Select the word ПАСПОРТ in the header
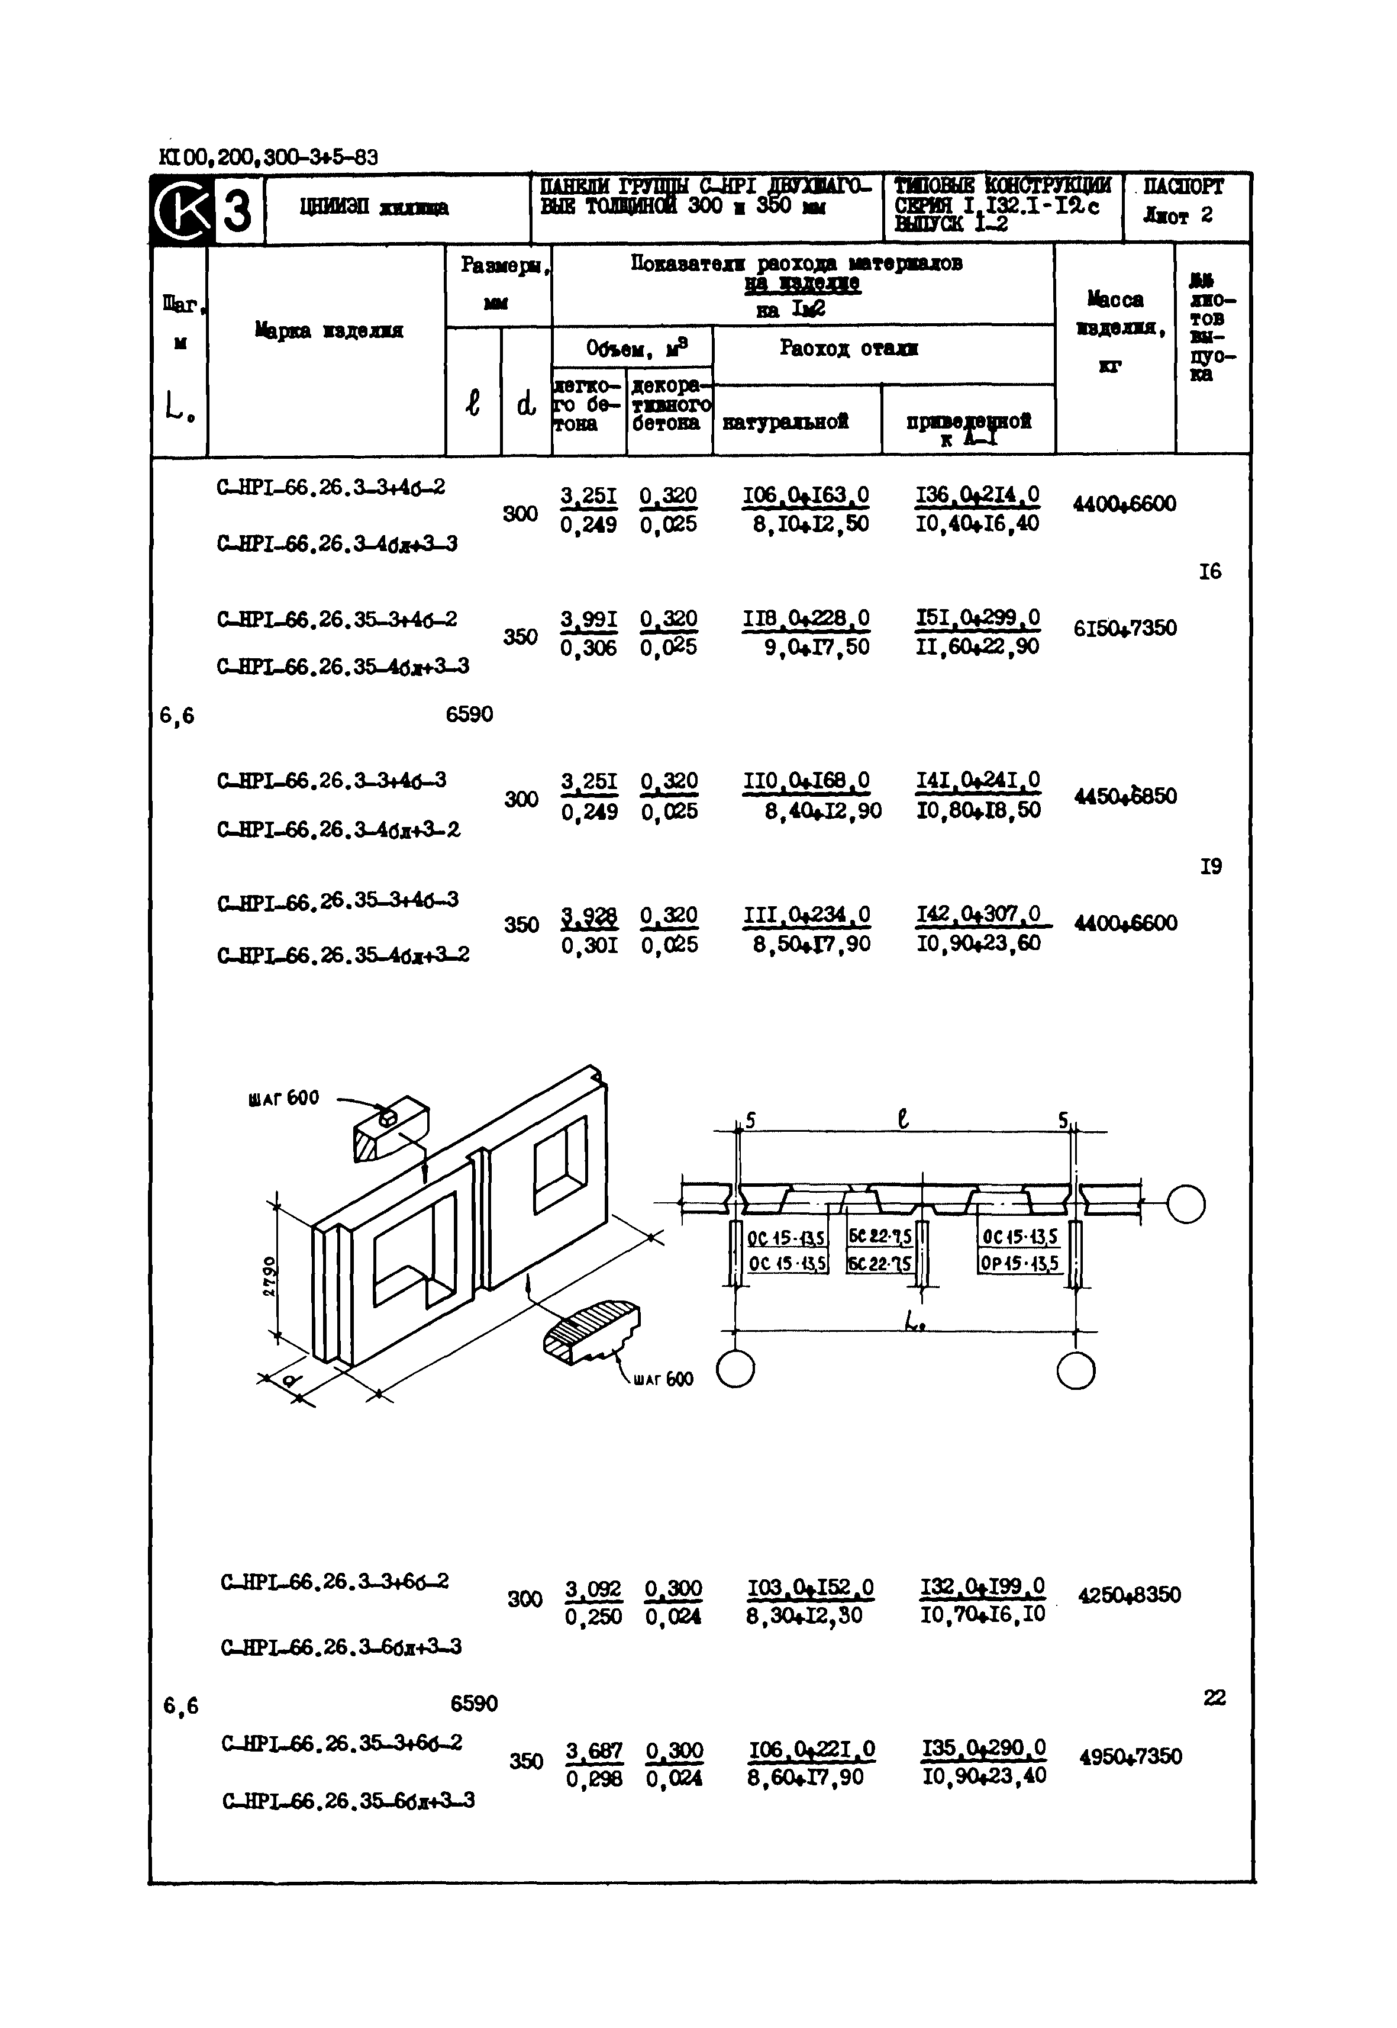point(1183,186)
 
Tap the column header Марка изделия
point(329,331)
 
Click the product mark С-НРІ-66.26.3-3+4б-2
point(331,487)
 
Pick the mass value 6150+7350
point(1125,628)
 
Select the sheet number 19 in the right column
point(1211,866)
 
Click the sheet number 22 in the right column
point(1214,1698)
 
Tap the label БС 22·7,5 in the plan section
point(880,1235)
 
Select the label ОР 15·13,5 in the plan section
point(1019,1264)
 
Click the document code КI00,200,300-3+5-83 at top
point(269,157)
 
